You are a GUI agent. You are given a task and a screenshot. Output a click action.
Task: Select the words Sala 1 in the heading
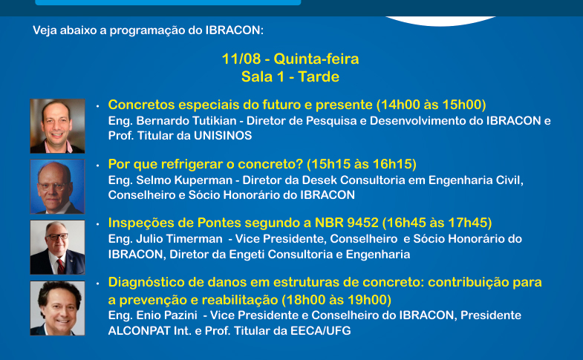(262, 77)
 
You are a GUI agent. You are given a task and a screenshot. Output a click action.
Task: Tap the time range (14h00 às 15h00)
(431, 105)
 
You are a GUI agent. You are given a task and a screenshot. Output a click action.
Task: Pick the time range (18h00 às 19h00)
(336, 300)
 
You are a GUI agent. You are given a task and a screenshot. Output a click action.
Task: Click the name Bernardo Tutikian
(186, 121)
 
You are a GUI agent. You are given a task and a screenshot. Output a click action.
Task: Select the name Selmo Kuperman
(184, 180)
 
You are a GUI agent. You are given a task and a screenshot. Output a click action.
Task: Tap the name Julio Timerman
(179, 239)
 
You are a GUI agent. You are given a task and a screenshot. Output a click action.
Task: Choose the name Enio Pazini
(166, 315)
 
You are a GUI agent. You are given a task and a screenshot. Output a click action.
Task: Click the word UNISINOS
(223, 136)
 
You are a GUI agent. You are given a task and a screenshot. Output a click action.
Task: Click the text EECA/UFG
(321, 330)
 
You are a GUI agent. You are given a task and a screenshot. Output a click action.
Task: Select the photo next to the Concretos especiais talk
(58, 126)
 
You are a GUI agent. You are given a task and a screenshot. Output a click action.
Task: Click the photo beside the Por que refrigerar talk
(58, 186)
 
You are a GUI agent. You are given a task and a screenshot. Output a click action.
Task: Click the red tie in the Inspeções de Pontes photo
(61, 266)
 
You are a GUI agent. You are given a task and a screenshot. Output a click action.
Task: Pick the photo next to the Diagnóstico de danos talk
(58, 308)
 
